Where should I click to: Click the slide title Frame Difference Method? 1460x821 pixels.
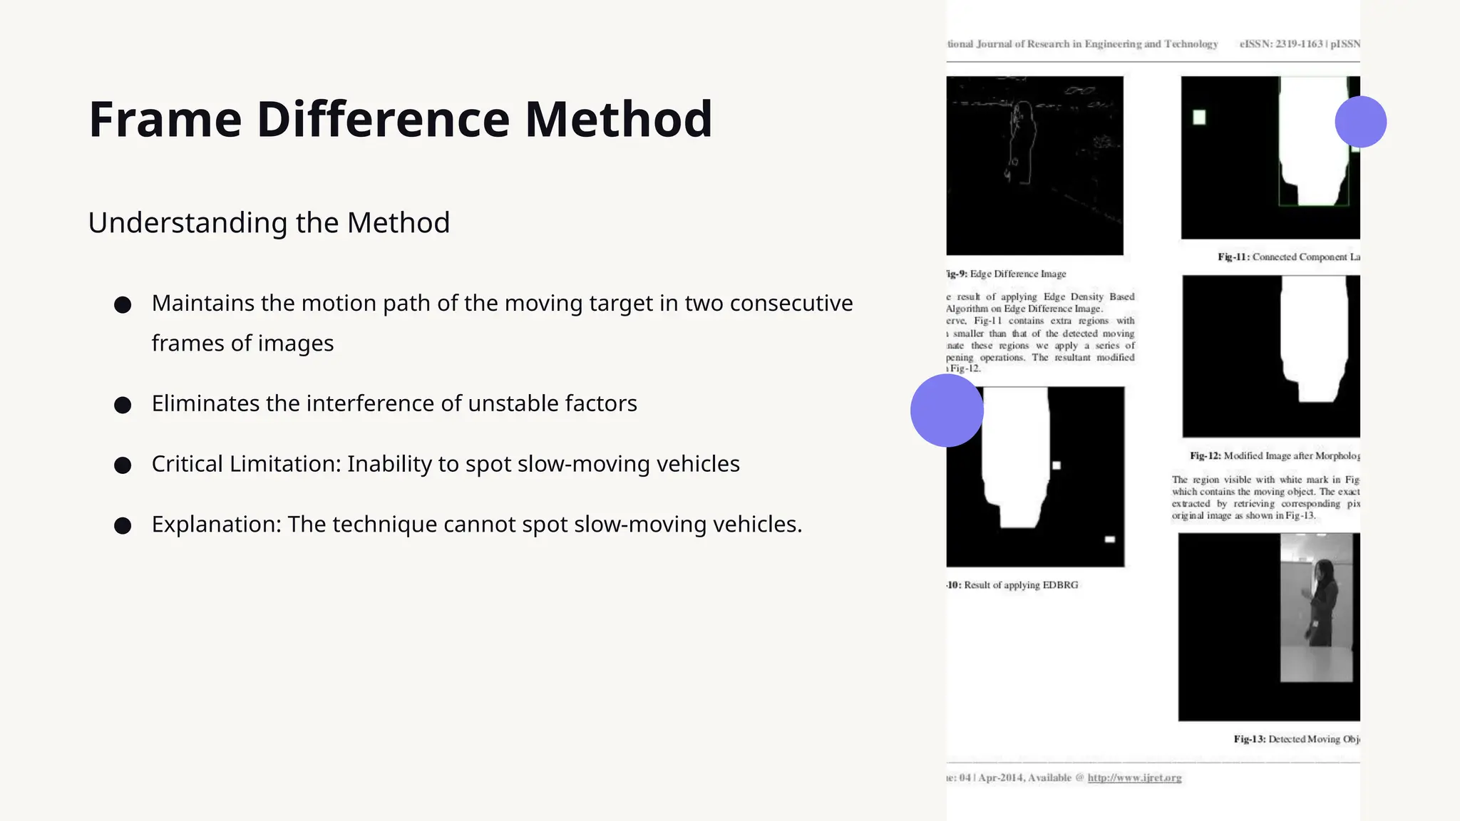click(400, 119)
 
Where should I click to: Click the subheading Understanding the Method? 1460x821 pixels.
click(269, 222)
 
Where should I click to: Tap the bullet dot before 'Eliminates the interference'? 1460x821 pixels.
click(123, 406)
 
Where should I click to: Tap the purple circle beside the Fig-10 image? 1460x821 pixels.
click(947, 410)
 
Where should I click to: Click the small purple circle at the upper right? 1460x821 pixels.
click(1360, 122)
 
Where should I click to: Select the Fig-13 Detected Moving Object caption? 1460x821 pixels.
click(1296, 739)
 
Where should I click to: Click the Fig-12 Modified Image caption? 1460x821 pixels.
click(1275, 455)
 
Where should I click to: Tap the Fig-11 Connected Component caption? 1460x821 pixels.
click(1288, 257)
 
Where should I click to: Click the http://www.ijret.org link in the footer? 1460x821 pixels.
click(1134, 778)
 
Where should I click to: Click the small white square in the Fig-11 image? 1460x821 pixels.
click(1199, 118)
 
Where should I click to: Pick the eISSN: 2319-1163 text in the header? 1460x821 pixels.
click(1281, 44)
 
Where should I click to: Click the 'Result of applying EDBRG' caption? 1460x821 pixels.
click(1020, 585)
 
